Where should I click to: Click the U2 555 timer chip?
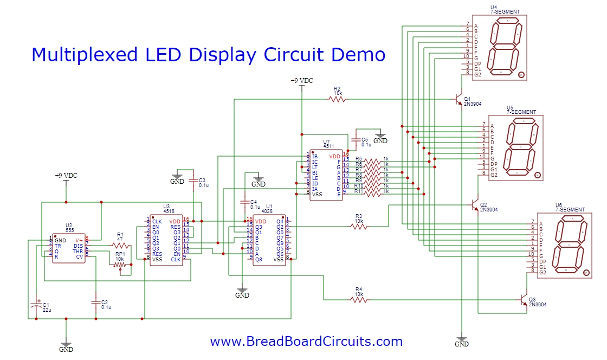point(68,249)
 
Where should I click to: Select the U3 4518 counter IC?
point(166,240)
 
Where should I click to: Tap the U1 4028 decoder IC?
point(269,240)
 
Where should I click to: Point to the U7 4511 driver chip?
point(326,175)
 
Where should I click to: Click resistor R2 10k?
point(337,99)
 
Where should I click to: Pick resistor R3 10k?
point(358,227)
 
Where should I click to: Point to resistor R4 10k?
point(358,299)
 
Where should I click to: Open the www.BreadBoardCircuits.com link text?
point(306,342)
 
